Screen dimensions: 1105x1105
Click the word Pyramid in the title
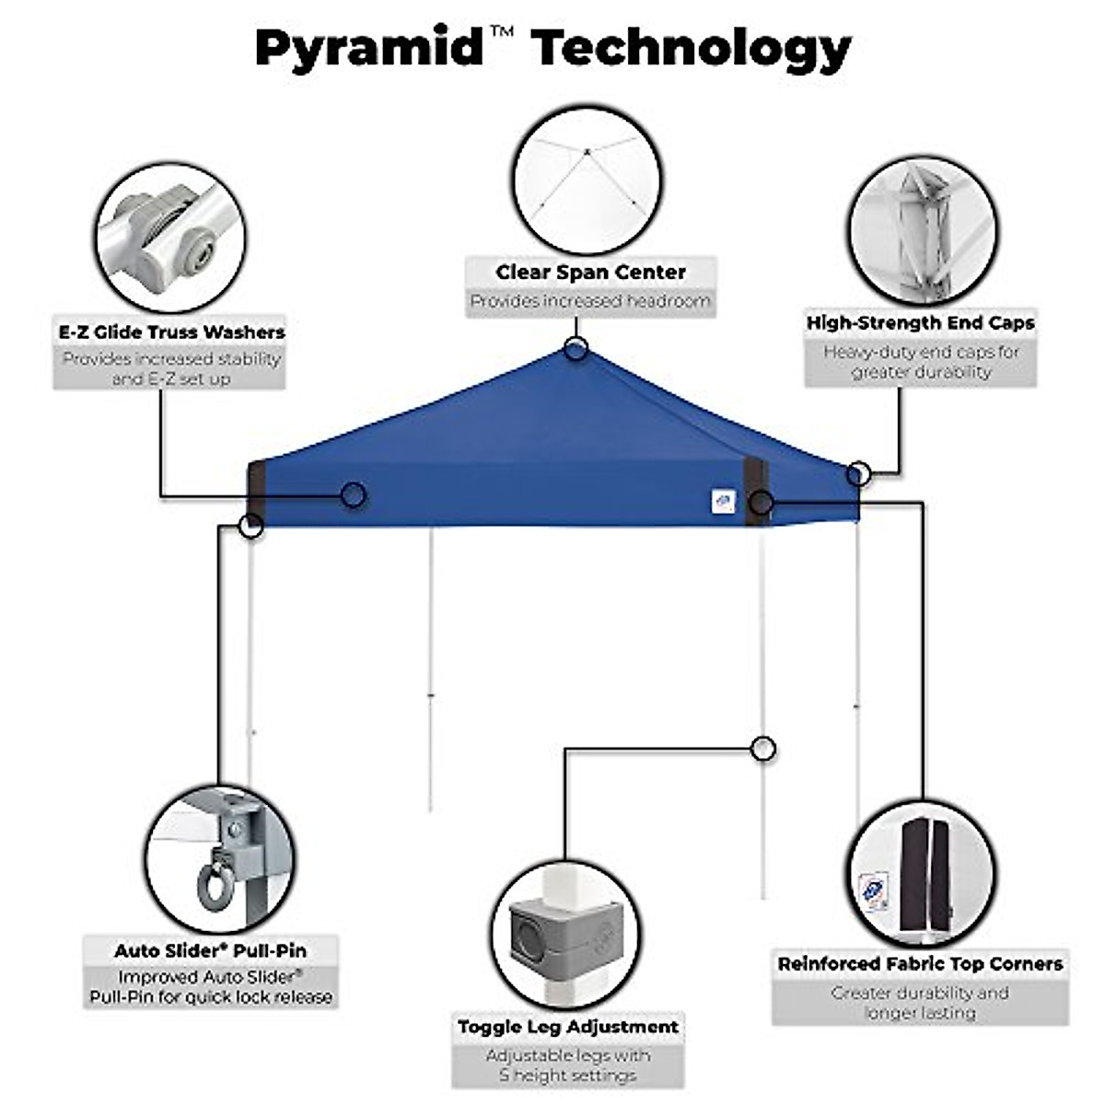pyautogui.click(x=368, y=48)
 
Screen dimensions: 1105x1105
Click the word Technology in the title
pyautogui.click(x=692, y=48)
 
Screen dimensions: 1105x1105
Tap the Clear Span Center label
pyautogui.click(x=590, y=273)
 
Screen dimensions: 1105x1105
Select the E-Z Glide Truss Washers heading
pyautogui.click(x=171, y=332)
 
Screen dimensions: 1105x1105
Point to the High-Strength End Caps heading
pyautogui.click(x=920, y=323)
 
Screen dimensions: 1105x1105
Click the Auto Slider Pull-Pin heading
pyautogui.click(x=210, y=950)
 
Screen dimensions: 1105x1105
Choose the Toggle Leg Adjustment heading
pyautogui.click(x=568, y=1027)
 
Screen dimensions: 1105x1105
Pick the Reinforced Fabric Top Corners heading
pyautogui.click(x=920, y=964)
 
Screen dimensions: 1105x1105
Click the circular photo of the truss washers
pyautogui.click(x=170, y=238)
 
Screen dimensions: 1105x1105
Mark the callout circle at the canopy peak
pyautogui.click(x=576, y=348)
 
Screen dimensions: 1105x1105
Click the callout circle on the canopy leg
pyautogui.click(x=762, y=749)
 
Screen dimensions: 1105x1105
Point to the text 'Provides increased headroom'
pyautogui.click(x=590, y=301)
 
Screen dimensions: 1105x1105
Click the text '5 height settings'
pyautogui.click(x=568, y=1076)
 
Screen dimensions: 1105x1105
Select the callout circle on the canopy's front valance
pyautogui.click(x=353, y=495)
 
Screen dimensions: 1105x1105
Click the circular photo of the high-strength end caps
pyautogui.click(x=923, y=230)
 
